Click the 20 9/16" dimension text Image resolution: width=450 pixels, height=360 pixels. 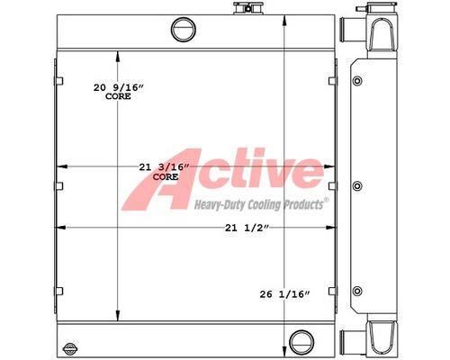[119, 87]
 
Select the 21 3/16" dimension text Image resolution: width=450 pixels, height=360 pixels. [165, 167]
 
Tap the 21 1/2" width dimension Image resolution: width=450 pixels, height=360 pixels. [247, 229]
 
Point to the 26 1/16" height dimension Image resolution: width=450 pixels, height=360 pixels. [284, 294]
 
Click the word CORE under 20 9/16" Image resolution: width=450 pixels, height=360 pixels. [118, 96]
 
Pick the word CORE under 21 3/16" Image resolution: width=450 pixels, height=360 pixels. [166, 177]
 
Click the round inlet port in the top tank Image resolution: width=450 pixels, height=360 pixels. [184, 30]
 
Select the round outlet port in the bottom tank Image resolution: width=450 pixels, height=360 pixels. [301, 342]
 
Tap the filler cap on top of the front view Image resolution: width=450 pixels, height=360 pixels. [248, 8]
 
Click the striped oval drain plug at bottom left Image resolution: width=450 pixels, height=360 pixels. [68, 348]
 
